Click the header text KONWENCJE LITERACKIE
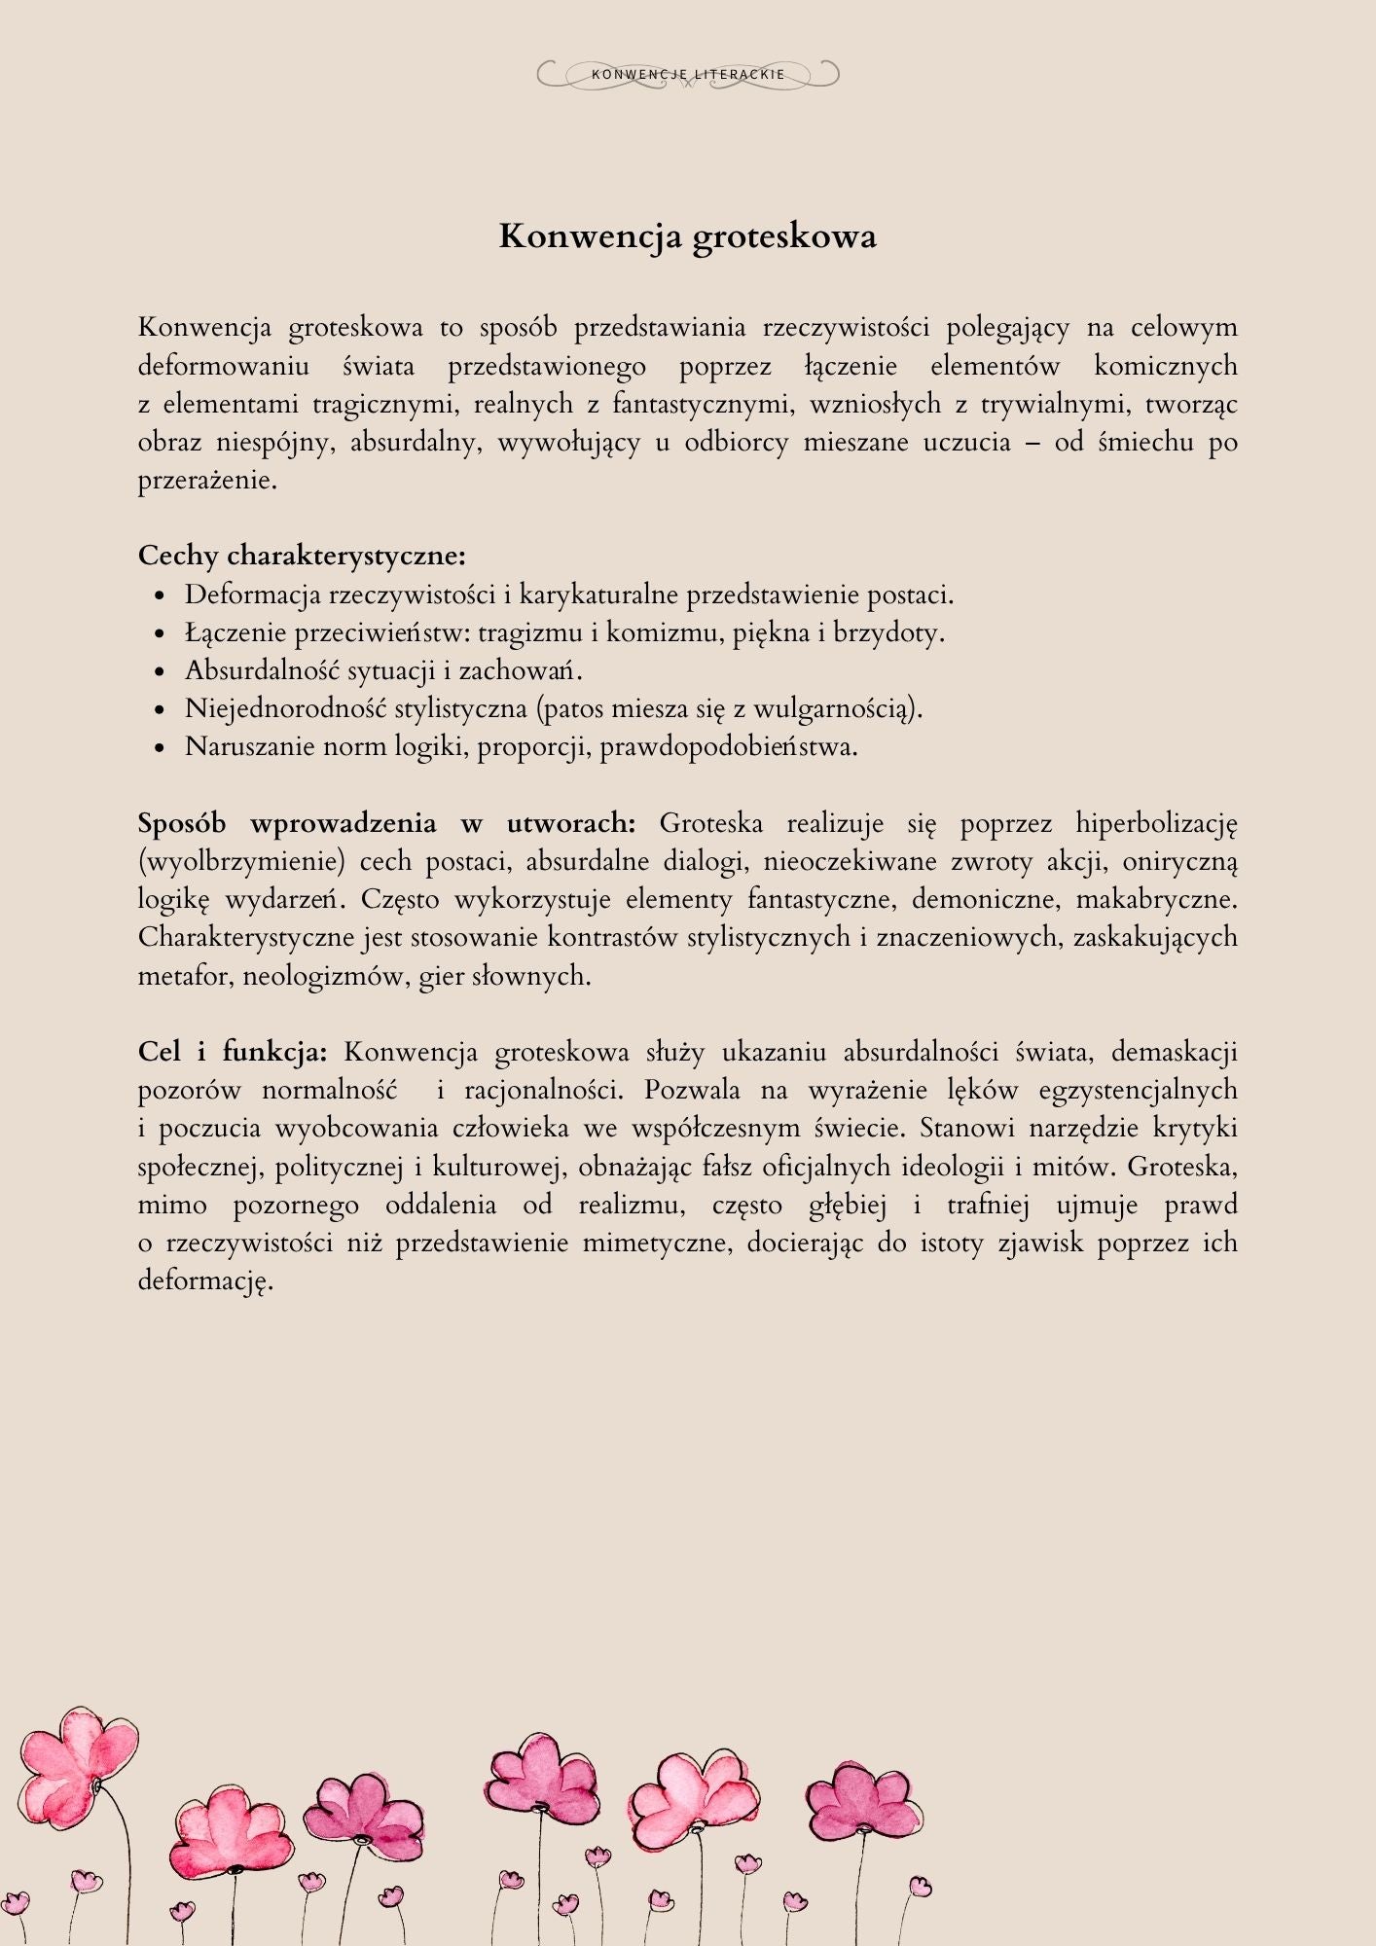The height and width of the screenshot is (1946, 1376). click(x=688, y=75)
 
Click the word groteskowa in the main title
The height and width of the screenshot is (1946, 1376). click(x=784, y=236)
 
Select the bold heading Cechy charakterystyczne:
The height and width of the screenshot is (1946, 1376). click(x=302, y=556)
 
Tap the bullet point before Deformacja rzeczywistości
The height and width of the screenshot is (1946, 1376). click(x=162, y=596)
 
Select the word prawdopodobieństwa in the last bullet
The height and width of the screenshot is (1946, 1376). click(x=728, y=747)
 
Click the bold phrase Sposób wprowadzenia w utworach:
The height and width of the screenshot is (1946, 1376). click(x=386, y=823)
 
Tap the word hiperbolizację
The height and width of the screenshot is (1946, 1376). click(x=1155, y=823)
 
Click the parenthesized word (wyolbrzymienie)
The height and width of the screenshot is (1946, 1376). click(x=241, y=862)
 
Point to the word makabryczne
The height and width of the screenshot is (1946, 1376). click(x=1155, y=899)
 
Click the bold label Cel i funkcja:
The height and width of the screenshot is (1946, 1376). click(x=233, y=1052)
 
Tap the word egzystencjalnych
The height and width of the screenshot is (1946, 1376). click(x=1138, y=1090)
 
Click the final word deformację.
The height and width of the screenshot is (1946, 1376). click(x=205, y=1280)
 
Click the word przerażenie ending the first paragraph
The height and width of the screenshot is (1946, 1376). click(x=207, y=481)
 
